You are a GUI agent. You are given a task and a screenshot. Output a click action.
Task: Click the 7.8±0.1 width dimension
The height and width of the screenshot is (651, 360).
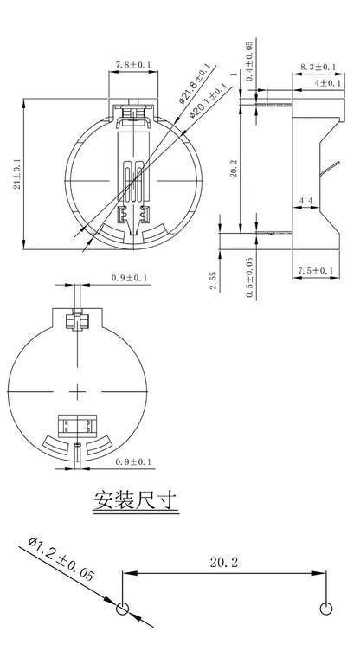point(133,65)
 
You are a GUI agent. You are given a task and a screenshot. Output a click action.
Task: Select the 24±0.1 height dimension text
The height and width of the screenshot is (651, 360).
point(17,173)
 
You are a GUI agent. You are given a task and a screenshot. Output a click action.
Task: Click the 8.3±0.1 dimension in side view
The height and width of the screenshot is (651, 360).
point(318,67)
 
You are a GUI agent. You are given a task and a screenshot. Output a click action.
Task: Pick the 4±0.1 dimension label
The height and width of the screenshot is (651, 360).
point(328,83)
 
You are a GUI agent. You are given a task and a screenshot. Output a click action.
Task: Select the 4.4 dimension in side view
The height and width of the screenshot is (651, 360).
point(305,201)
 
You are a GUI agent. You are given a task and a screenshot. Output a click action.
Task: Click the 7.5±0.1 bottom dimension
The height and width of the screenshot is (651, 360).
point(316,271)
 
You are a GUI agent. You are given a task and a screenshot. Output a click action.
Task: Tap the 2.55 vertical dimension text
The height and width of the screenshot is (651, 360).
point(213,280)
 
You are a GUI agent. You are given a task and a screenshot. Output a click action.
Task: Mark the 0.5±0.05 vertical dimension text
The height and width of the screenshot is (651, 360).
point(249,277)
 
